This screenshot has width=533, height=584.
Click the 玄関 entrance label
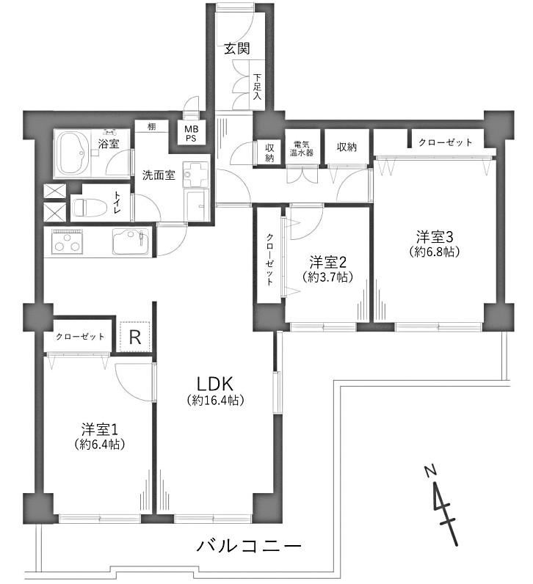(236, 49)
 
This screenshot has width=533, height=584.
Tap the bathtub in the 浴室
(72, 153)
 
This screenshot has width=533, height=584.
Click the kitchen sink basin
(131, 241)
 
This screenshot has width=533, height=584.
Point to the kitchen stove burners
(67, 241)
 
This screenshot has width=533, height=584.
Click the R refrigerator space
(134, 337)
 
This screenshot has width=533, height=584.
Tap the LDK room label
(214, 383)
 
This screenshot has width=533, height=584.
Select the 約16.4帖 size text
(215, 401)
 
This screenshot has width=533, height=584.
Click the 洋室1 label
(100, 430)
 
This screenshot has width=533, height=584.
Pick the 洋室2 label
(328, 263)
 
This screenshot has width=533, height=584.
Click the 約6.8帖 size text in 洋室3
(435, 252)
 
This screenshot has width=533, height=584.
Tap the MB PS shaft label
(192, 134)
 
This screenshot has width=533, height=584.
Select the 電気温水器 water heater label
(302, 148)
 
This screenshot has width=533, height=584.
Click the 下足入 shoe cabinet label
(257, 87)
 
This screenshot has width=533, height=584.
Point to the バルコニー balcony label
(249, 547)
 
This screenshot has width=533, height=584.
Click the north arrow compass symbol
(443, 505)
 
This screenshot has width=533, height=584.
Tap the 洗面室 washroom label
(159, 175)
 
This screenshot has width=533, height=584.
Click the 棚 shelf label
(151, 127)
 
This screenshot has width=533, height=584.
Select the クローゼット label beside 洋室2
(269, 260)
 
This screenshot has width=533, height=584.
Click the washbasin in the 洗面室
(195, 175)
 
